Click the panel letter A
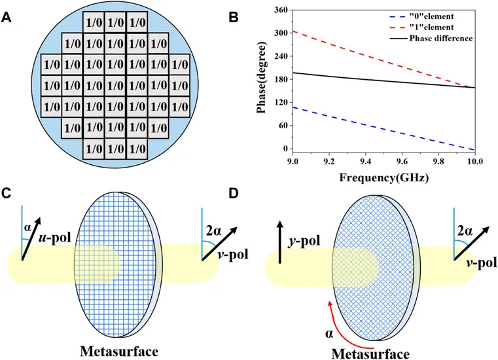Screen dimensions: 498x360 point(7,18)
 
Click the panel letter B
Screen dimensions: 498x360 point(234,18)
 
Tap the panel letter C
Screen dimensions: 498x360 point(7,193)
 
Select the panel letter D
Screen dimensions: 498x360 point(234,193)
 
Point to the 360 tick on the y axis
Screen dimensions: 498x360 point(281,10)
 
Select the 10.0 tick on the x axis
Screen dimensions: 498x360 point(475,162)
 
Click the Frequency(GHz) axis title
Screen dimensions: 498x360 point(384,177)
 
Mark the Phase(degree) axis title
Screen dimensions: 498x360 point(262,78)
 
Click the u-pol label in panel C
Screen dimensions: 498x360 point(55,238)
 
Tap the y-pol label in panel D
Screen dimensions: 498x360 point(304,242)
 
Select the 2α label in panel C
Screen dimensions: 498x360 point(213,231)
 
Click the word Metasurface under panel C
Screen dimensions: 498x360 point(119,351)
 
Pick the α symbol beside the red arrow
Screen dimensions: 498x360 point(329,334)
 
